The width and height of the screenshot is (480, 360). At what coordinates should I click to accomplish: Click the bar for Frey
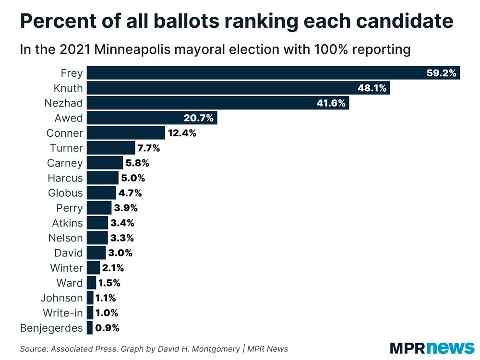coord(273,73)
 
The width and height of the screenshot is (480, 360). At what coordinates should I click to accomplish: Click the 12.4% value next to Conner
coord(182,133)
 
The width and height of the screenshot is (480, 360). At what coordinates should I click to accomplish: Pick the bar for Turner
coord(111,148)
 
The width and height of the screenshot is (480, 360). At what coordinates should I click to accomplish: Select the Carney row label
coord(65,163)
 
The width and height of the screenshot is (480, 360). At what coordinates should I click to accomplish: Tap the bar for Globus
coord(101,193)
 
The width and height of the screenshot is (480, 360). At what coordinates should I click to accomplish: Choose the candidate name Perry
coord(70,208)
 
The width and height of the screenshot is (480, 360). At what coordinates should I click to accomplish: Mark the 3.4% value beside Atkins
coord(122,223)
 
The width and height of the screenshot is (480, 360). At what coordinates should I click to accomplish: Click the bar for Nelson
coord(97,238)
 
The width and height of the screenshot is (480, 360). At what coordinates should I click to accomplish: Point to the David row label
coord(69,253)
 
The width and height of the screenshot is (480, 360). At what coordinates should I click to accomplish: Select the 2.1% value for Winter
coord(113,268)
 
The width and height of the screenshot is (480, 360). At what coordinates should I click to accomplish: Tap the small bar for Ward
coord(91,283)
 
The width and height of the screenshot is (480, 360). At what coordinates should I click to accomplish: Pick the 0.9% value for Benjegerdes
coord(107,328)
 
